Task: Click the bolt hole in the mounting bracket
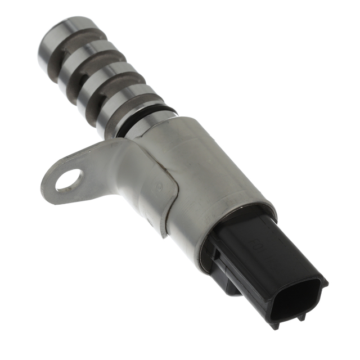69,180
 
